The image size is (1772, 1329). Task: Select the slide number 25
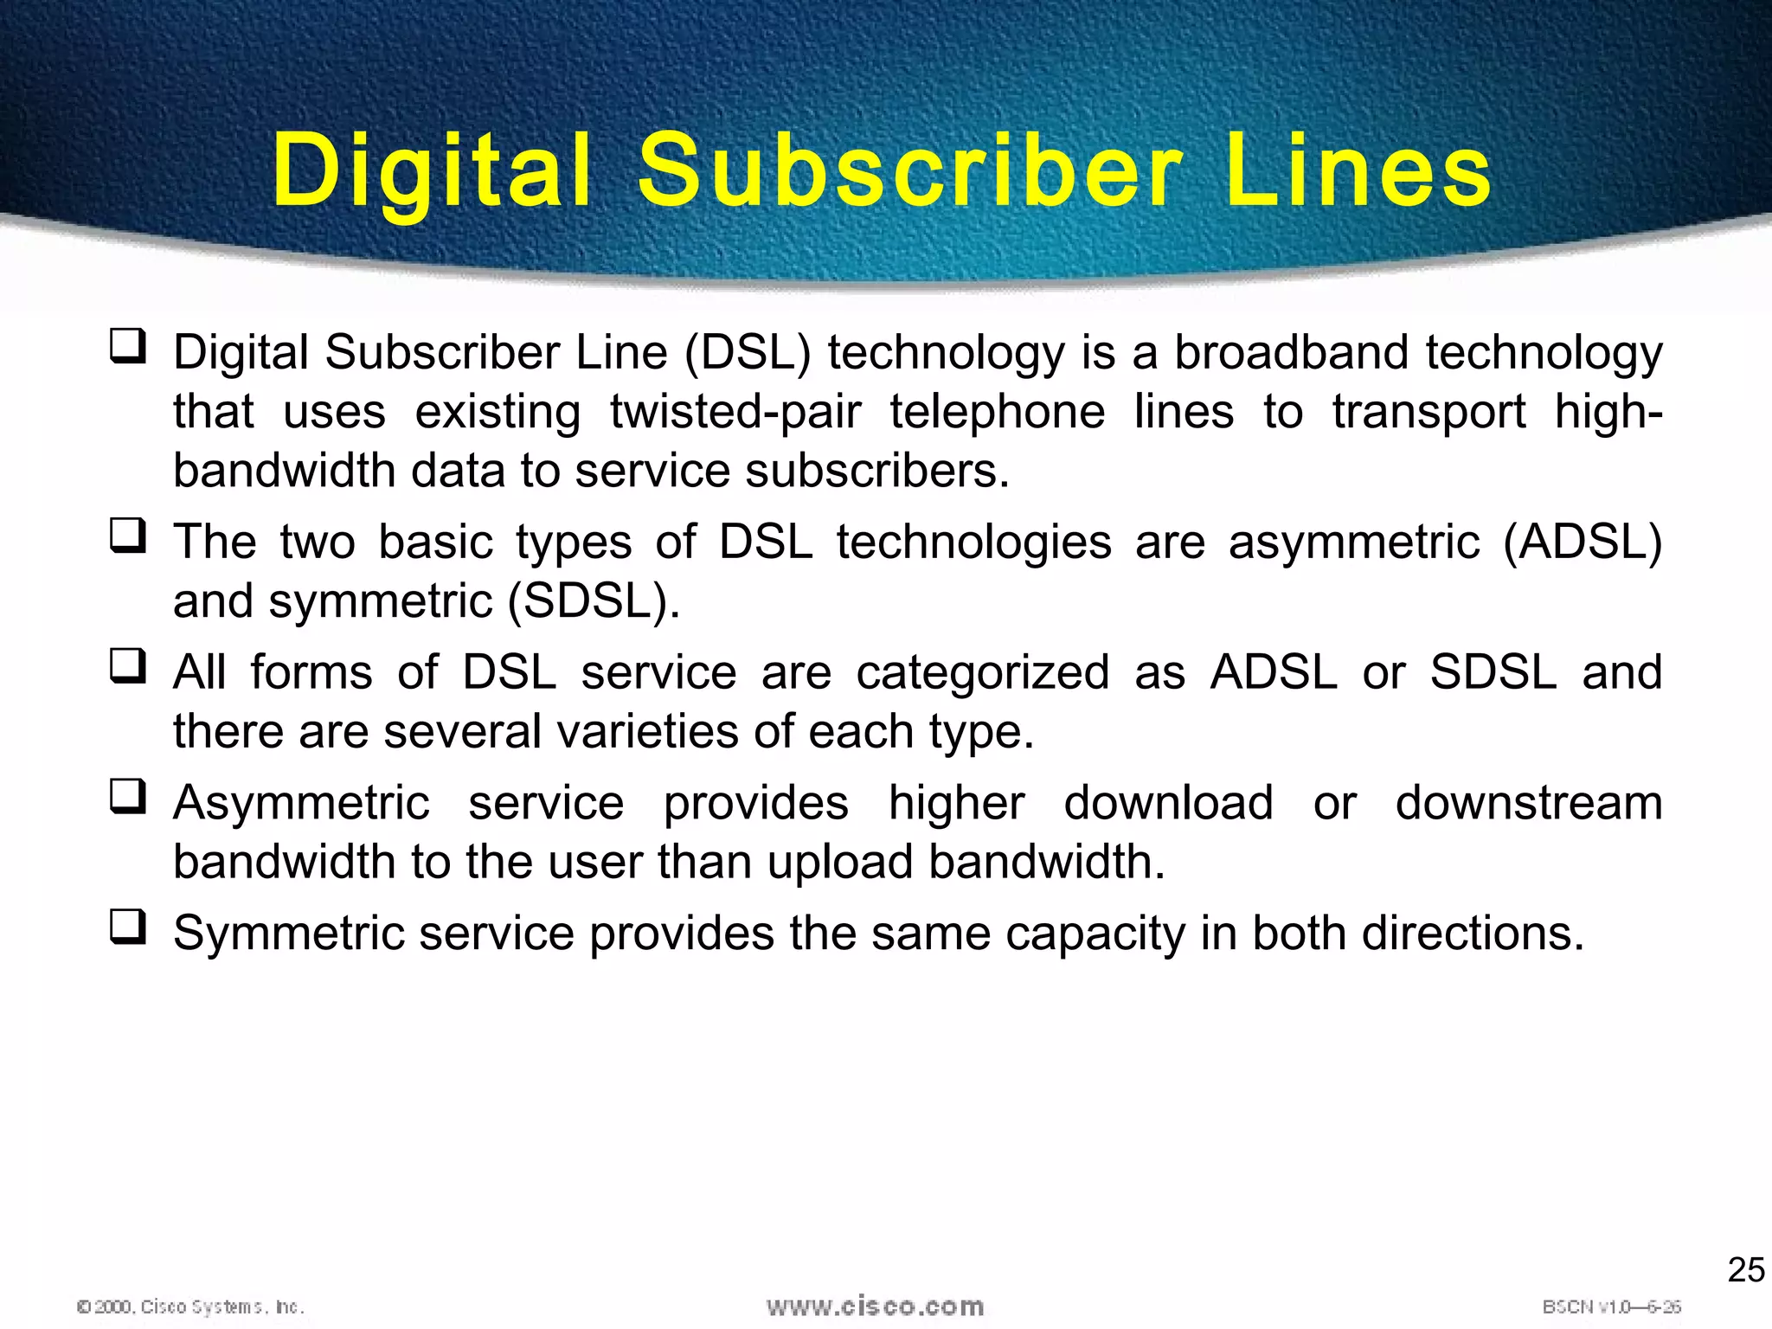[1745, 1269]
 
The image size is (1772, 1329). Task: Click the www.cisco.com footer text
[875, 1306]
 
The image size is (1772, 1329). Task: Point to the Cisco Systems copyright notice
[190, 1307]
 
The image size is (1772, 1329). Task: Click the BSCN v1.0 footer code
[1611, 1307]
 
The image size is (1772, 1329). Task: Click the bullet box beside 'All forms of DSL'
[128, 665]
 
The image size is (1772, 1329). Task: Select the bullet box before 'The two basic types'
[128, 535]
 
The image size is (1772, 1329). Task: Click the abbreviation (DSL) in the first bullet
[748, 353]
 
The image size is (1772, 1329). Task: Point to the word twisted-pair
[735, 412]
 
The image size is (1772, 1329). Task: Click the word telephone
[998, 412]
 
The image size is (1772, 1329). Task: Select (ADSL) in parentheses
[1583, 543]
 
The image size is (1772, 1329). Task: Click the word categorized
[982, 673]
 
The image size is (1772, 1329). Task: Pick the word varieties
[648, 732]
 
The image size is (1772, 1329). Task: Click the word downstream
[1529, 803]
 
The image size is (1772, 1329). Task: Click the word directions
[1473, 934]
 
